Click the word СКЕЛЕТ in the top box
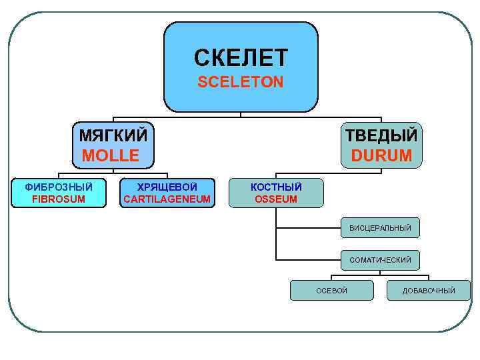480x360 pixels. [241, 58]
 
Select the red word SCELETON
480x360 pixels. [241, 82]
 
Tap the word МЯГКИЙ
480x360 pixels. [113, 135]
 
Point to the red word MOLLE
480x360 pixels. [111, 156]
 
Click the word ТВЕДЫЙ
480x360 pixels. [381, 135]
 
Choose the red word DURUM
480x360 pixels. [381, 156]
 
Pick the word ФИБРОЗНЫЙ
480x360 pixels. [59, 187]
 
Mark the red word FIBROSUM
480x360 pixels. [59, 199]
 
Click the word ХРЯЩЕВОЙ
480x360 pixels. [167, 187]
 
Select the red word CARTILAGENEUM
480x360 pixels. [167, 199]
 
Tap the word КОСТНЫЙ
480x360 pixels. [276, 187]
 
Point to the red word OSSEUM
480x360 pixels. [276, 199]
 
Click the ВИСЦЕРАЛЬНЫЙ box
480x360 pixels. [380, 229]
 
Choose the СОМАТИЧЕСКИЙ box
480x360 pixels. [380, 259]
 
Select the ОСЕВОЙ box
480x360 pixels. [331, 290]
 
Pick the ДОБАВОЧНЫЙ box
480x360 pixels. [429, 290]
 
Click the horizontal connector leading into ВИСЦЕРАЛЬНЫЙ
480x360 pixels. [308, 229]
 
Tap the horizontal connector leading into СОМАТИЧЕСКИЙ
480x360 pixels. [308, 259]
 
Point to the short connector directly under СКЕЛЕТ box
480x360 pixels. [241, 114]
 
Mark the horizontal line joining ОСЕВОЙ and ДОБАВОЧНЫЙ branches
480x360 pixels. [380, 275]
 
